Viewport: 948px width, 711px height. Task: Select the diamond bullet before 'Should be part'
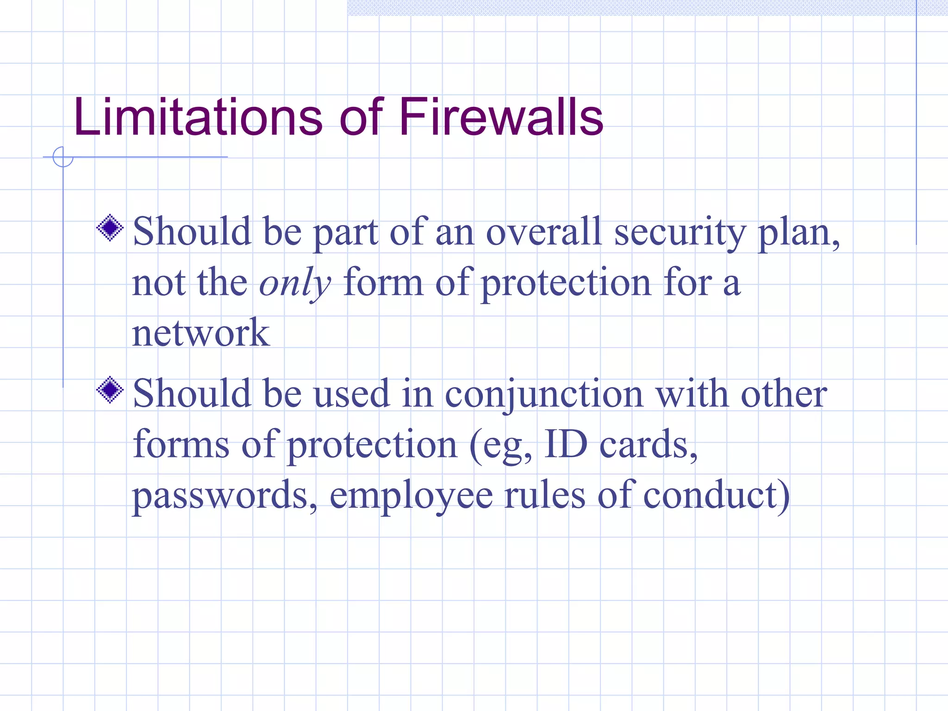pos(110,228)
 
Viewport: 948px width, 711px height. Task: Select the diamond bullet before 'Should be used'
pos(110,390)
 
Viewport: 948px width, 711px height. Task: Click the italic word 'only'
pos(295,283)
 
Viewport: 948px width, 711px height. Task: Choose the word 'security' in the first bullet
pos(680,233)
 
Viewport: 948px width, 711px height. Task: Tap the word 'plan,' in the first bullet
pos(798,233)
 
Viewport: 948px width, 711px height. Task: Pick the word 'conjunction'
pos(544,395)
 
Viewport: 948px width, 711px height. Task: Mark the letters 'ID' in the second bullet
pos(566,444)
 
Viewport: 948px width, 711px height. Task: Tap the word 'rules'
pos(545,495)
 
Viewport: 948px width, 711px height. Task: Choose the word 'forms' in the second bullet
pos(181,444)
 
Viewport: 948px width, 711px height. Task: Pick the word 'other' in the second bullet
pos(784,394)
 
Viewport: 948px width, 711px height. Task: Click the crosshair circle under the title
pos(63,157)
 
